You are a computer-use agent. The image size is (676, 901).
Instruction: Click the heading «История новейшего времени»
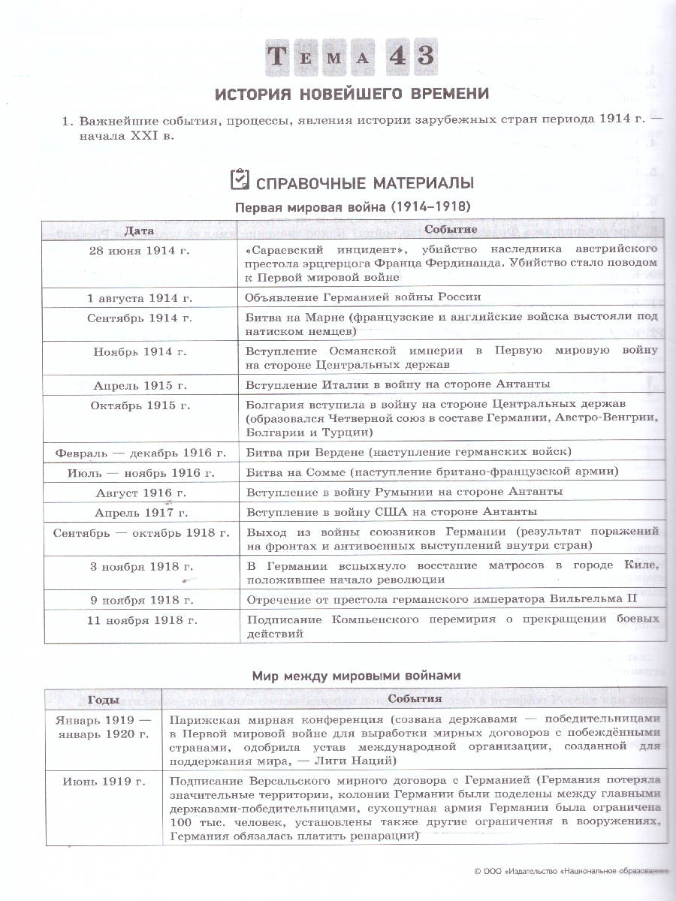coord(352,94)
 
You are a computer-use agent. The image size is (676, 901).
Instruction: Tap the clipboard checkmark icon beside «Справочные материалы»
coord(238,181)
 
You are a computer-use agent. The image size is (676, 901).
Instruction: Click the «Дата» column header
coord(140,230)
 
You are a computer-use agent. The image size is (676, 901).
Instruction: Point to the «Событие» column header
coord(451,230)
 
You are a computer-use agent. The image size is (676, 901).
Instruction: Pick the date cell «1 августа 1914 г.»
coord(140,297)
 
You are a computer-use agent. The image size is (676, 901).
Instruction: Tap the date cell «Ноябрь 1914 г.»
coord(140,351)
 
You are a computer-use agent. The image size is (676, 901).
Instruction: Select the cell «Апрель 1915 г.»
coord(140,385)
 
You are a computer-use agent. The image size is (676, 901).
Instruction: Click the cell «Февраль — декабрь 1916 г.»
coord(140,453)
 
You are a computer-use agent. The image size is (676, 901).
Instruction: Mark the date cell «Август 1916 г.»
coord(140,493)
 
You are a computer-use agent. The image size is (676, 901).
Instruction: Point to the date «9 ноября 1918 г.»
coord(140,600)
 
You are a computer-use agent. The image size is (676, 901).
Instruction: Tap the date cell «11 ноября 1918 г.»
coord(140,620)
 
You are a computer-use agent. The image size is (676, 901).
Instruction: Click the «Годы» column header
coord(103,700)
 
